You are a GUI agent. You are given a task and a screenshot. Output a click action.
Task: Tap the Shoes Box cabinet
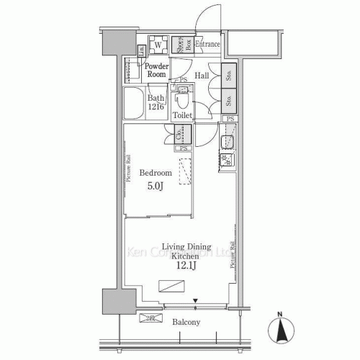pos(181,45)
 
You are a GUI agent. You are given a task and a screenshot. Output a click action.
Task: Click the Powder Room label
pos(156,70)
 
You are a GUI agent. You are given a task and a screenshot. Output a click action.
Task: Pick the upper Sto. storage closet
pos(227,73)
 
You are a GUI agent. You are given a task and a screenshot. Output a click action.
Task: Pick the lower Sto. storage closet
pos(227,99)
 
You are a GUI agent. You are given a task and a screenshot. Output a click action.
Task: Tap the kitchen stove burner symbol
pos(227,161)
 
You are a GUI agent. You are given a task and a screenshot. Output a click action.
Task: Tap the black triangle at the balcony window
pos(195,301)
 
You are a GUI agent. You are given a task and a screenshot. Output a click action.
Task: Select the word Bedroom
pos(155,174)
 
